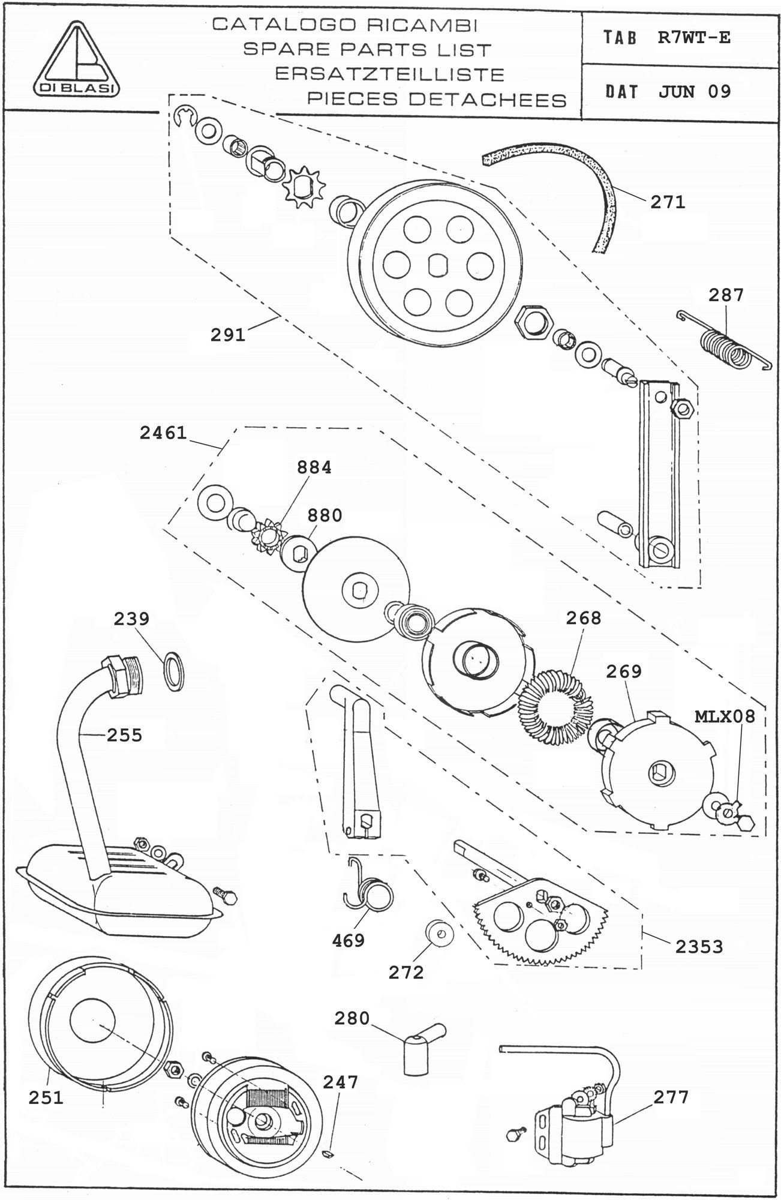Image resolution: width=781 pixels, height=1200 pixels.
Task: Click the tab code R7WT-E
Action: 693,38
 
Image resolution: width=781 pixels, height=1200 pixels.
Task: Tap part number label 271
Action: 668,202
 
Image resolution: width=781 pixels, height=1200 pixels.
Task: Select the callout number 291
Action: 228,335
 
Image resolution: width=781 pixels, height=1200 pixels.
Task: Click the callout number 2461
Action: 163,433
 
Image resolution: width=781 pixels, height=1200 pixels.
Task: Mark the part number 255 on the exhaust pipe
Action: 124,734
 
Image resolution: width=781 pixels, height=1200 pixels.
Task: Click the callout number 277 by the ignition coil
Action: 671,1096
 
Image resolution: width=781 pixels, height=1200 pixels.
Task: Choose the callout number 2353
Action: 699,946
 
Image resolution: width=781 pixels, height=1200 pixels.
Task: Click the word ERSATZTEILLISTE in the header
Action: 389,74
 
